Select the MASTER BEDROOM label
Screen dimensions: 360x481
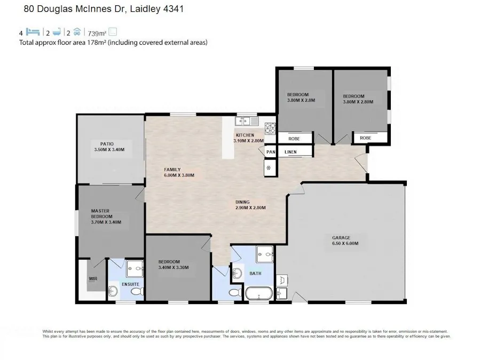pos(101,213)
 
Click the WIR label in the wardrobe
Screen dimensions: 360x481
pos(92,279)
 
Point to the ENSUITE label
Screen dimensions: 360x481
pos(130,284)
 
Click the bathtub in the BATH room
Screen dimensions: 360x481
pos(259,293)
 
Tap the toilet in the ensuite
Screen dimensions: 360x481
pos(113,291)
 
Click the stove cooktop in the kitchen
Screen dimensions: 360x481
pos(270,127)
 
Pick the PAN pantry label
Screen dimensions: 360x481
pos(271,152)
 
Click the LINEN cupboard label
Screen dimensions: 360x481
pos(290,152)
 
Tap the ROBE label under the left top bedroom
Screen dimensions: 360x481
pos(294,139)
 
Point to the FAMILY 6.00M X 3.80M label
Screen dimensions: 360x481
pos(178,172)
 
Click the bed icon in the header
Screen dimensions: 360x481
pos(33,32)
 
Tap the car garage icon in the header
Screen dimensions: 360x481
pos(77,32)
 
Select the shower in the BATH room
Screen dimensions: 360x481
pos(264,254)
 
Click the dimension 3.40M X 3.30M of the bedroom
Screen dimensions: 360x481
pos(174,268)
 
